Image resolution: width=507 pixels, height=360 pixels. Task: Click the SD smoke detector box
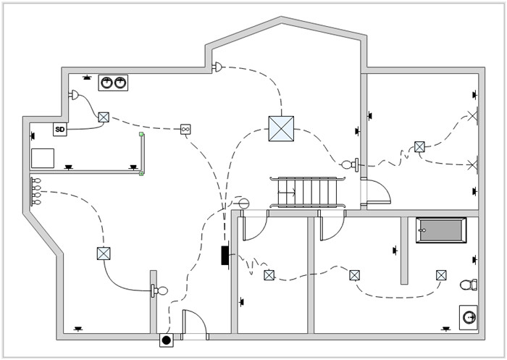pyautogui.click(x=60, y=130)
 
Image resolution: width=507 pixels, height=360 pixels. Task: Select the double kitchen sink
pyautogui.click(x=113, y=83)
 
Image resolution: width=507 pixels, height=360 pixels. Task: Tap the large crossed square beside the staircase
pyautogui.click(x=281, y=129)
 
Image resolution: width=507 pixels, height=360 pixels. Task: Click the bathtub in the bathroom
pyautogui.click(x=441, y=230)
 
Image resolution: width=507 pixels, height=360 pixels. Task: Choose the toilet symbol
pyautogui.click(x=472, y=285)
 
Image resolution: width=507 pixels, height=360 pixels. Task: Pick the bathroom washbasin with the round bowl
pyautogui.click(x=469, y=317)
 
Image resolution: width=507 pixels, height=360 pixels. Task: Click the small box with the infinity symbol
pyautogui.click(x=185, y=129)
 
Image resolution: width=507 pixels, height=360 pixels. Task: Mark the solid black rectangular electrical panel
pyautogui.click(x=225, y=254)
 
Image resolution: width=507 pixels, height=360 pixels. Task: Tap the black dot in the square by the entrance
pyautogui.click(x=166, y=340)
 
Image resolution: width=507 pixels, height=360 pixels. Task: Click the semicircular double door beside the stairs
pyautogui.click(x=377, y=192)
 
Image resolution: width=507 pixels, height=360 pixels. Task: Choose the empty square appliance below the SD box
pyautogui.click(x=43, y=158)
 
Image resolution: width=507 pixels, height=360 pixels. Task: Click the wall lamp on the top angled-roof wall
pyautogui.click(x=217, y=67)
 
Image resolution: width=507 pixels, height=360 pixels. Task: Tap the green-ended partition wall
pyautogui.click(x=142, y=154)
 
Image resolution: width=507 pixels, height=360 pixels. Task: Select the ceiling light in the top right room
pyautogui.click(x=419, y=146)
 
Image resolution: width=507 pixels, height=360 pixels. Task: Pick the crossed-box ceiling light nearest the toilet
pyautogui.click(x=441, y=275)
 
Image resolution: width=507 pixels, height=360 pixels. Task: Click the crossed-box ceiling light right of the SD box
pyautogui.click(x=104, y=116)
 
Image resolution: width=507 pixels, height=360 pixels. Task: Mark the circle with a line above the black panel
pyautogui.click(x=244, y=204)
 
